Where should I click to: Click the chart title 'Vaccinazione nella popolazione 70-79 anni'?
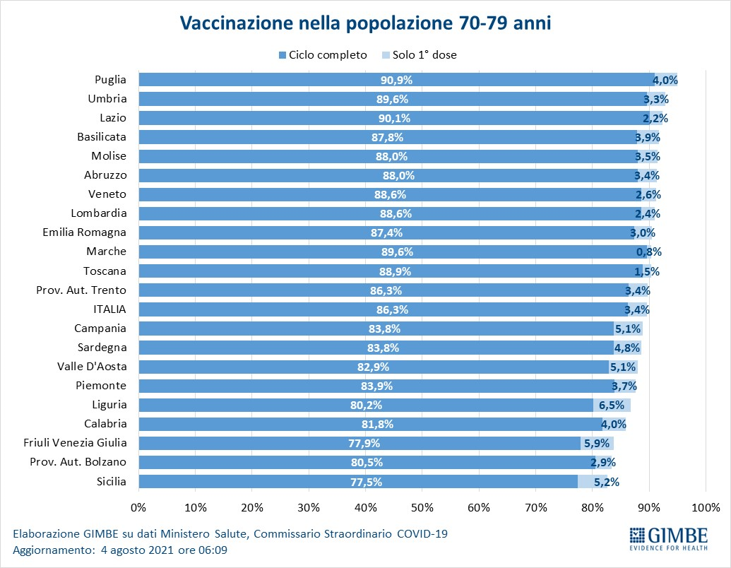point(366,23)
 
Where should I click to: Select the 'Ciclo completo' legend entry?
point(323,55)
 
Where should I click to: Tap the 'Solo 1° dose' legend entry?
point(419,55)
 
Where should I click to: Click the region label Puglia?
point(110,80)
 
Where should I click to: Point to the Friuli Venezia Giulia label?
point(75,442)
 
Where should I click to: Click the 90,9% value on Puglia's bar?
point(396,81)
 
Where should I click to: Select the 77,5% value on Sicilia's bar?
point(366,482)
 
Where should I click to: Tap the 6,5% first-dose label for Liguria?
point(611,406)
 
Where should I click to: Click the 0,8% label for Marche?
point(649,252)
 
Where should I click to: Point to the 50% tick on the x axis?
point(422,507)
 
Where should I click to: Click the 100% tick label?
point(706,507)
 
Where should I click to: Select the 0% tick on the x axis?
point(138,507)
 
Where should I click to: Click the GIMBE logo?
point(669,538)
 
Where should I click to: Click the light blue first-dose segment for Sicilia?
point(593,481)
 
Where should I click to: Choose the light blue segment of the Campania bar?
point(628,329)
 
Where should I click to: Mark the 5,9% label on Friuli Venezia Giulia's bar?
point(597,444)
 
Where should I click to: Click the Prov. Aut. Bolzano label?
point(78,461)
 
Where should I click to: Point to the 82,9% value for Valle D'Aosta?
point(373,367)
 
